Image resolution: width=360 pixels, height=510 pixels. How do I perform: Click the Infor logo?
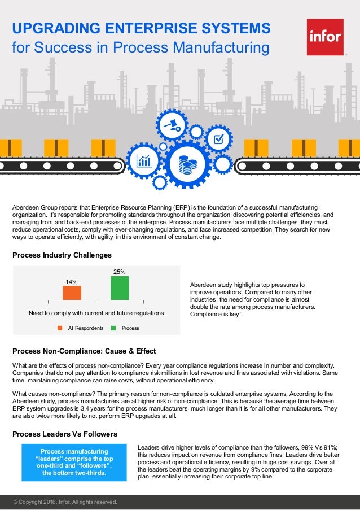325,37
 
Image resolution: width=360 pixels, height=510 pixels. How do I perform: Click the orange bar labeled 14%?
72,293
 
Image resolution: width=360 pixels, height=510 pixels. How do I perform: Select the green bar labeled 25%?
120,287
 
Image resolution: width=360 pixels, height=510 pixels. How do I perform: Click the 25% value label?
120,272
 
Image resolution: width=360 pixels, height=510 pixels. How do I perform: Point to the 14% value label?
72,281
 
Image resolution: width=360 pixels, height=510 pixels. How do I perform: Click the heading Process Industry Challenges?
62,255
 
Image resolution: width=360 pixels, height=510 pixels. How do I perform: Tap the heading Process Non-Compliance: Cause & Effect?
84,351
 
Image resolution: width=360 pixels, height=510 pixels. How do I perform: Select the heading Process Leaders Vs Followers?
65,434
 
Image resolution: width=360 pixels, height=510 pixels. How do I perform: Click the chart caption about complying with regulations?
96,312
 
